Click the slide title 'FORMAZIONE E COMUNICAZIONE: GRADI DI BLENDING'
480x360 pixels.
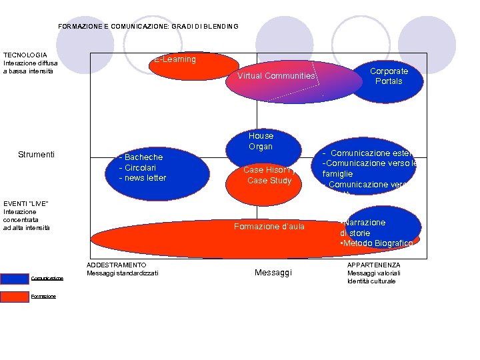click(148, 27)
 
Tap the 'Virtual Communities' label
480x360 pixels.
click(276, 76)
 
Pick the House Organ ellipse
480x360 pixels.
click(261, 141)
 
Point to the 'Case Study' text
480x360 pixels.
click(269, 181)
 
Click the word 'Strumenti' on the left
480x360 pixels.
click(37, 155)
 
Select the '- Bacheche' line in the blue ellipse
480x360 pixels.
click(141, 157)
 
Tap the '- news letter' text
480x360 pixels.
click(143, 178)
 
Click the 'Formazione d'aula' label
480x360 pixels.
click(269, 227)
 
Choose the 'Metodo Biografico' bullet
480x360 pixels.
click(377, 243)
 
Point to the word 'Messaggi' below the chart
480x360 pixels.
click(273, 273)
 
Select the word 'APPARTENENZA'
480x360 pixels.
click(374, 265)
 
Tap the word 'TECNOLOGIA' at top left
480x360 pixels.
click(25, 55)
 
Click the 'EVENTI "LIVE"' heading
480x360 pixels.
click(26, 203)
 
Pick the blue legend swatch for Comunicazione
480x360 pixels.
click(15, 278)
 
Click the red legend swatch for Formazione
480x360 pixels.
click(15, 297)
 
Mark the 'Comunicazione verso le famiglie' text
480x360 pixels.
click(369, 168)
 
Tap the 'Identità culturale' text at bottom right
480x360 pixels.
click(371, 281)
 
